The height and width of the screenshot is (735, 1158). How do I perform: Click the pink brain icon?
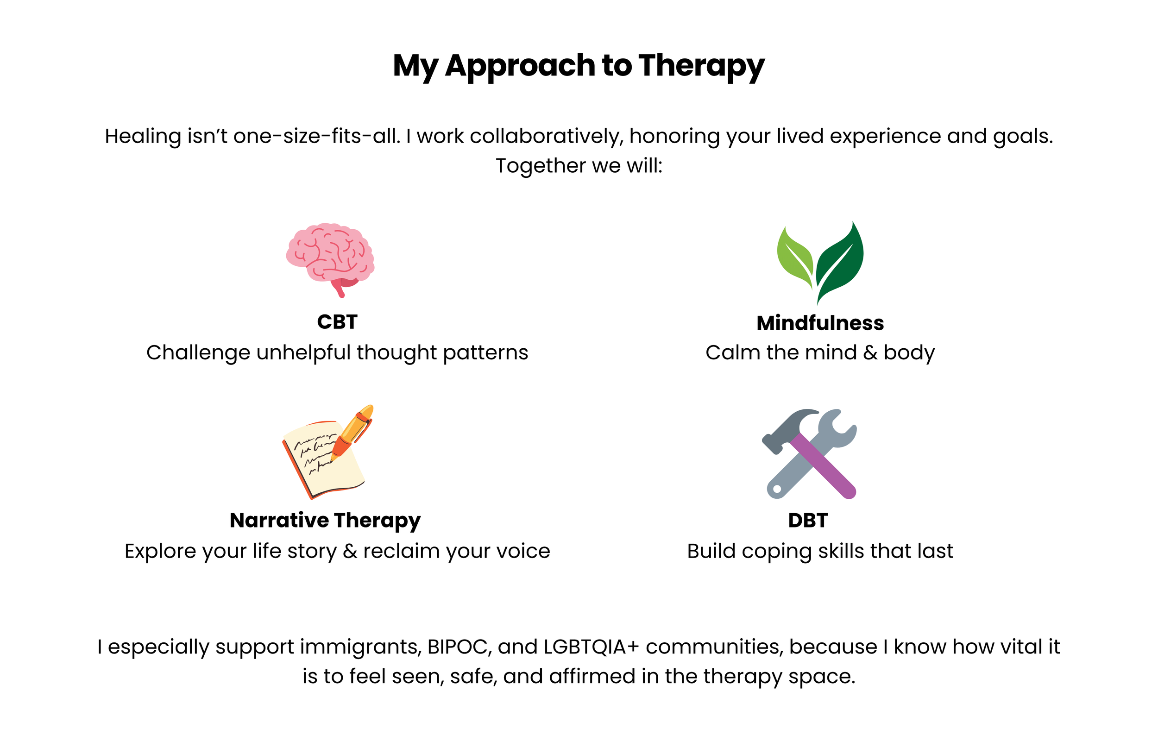pyautogui.click(x=330, y=255)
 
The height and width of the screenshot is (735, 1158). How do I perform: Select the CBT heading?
pyautogui.click(x=337, y=322)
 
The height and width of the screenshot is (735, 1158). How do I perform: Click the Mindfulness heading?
pyautogui.click(x=820, y=323)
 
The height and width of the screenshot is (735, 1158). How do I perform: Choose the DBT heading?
pyautogui.click(x=808, y=521)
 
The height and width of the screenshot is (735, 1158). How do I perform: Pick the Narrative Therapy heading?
pyautogui.click(x=325, y=521)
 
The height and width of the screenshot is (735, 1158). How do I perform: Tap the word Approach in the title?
pyautogui.click(x=520, y=66)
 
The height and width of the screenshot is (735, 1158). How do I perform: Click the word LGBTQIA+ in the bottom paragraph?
pyautogui.click(x=591, y=647)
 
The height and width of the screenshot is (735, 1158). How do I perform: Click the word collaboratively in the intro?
pyautogui.click(x=546, y=137)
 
